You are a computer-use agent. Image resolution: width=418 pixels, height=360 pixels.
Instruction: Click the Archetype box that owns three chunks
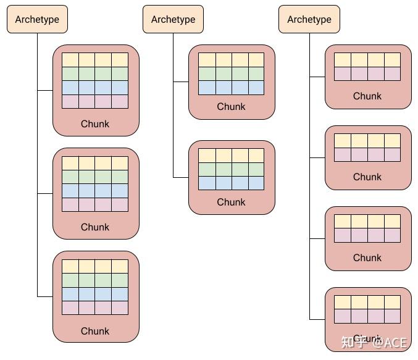click(x=37, y=19)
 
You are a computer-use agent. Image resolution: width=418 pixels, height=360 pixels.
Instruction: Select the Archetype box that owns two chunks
click(x=173, y=19)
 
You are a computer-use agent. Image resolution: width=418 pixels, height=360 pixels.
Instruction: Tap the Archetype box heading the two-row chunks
click(x=309, y=19)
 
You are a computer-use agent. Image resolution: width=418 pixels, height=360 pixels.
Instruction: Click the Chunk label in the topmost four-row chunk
click(x=95, y=123)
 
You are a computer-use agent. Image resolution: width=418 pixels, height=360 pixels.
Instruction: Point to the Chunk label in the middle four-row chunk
click(x=95, y=227)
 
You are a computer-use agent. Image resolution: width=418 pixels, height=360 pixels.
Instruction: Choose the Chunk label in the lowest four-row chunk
click(x=95, y=330)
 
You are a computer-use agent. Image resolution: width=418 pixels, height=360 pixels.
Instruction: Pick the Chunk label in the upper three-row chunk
click(x=231, y=106)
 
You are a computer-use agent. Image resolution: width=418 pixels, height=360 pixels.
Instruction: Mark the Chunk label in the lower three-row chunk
click(x=231, y=202)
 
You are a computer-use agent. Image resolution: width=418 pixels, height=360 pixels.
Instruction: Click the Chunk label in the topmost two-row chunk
click(x=367, y=96)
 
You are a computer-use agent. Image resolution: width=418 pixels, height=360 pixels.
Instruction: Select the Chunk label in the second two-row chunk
click(x=367, y=177)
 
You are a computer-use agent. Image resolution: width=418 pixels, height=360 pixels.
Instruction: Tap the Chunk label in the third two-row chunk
click(x=367, y=257)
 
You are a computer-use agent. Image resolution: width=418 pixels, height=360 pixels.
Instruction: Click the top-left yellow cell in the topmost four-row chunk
click(x=70, y=60)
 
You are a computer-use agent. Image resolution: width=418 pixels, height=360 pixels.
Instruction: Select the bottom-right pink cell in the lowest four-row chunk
click(x=120, y=308)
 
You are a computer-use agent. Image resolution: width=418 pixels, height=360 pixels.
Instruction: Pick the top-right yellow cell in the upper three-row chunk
click(x=256, y=60)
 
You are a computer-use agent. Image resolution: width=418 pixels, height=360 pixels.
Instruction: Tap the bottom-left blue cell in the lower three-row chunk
click(x=207, y=183)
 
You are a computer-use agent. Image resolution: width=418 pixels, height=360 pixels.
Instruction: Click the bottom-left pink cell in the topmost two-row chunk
click(x=343, y=73)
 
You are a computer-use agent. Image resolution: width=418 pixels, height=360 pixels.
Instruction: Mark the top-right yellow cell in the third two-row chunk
click(x=392, y=222)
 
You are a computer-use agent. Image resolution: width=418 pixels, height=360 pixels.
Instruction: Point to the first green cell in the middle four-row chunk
click(x=70, y=177)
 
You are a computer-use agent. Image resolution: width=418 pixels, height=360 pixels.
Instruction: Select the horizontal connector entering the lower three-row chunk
click(x=181, y=177)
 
